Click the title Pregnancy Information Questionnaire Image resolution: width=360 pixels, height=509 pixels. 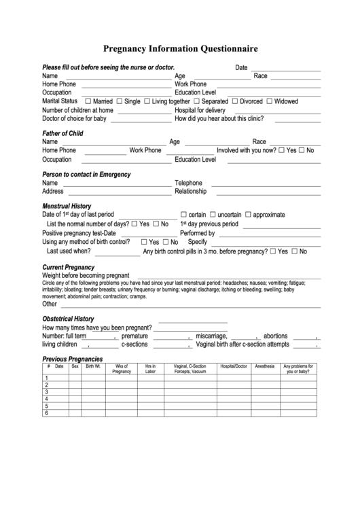[x=180, y=49]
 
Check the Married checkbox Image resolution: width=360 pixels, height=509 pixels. [x=87, y=101]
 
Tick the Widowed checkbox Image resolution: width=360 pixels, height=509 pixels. [x=270, y=101]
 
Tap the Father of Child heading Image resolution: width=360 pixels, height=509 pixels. [x=62, y=133]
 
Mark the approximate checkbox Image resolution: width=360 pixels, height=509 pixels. [x=248, y=215]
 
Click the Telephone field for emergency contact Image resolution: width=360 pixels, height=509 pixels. [x=265, y=183]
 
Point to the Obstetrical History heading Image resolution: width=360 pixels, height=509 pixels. [x=68, y=319]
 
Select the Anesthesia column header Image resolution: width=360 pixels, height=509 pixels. [x=265, y=366]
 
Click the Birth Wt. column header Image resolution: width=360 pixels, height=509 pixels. [x=93, y=366]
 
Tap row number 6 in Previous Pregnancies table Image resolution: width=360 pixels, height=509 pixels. [x=47, y=413]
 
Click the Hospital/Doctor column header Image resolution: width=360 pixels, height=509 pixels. [x=233, y=366]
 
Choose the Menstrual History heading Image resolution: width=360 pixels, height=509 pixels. [x=67, y=206]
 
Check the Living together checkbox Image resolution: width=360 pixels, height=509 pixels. [x=147, y=101]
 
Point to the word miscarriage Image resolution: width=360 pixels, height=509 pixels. [x=211, y=336]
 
